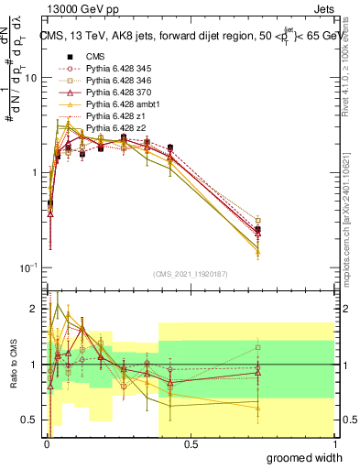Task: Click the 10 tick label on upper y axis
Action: click(29, 78)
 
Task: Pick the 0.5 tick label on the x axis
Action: click(191, 444)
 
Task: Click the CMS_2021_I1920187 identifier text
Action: click(189, 274)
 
